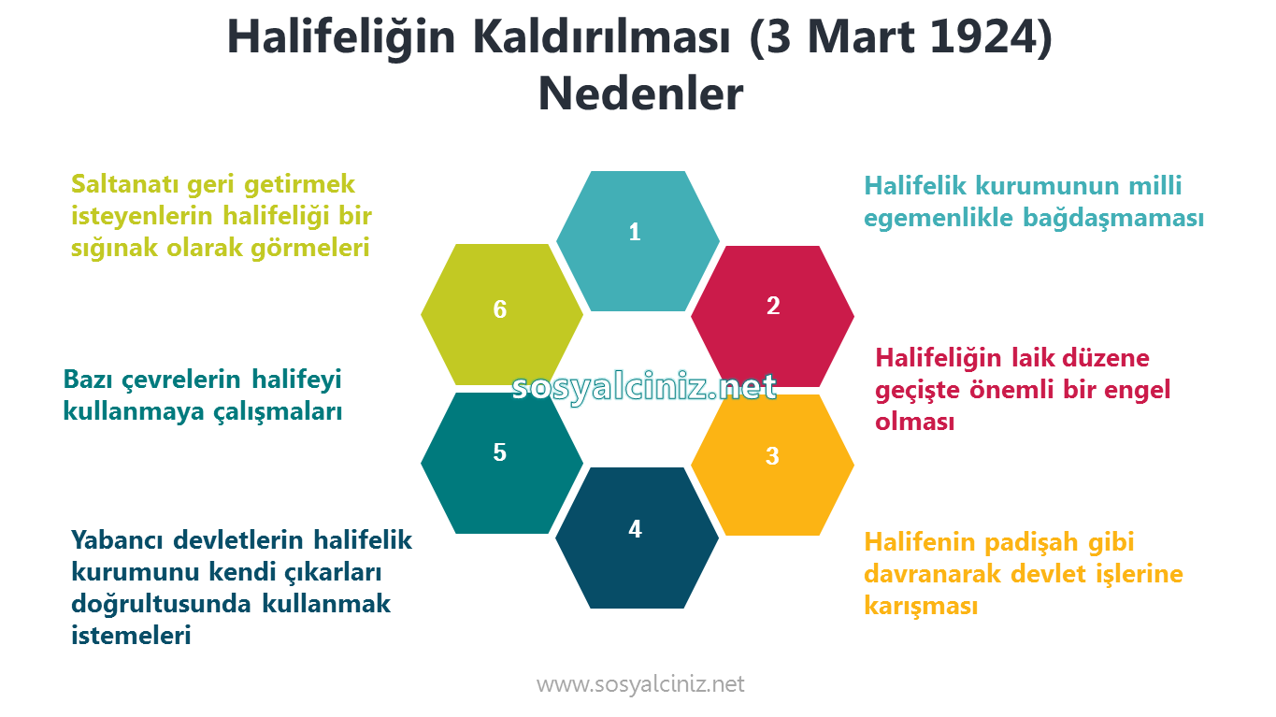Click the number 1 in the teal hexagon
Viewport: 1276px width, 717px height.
(635, 232)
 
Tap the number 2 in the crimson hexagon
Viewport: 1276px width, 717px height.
(773, 305)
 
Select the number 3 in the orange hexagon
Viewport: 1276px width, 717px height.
(772, 456)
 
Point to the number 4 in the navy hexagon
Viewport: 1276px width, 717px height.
(636, 529)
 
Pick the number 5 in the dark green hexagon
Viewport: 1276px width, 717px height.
(499, 452)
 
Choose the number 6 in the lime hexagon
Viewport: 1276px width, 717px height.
(499, 309)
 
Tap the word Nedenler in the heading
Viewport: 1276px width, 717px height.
(640, 93)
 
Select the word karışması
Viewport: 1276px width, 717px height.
(921, 606)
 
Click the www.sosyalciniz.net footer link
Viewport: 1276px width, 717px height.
(640, 684)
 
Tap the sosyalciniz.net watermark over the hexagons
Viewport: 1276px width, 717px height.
(644, 387)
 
